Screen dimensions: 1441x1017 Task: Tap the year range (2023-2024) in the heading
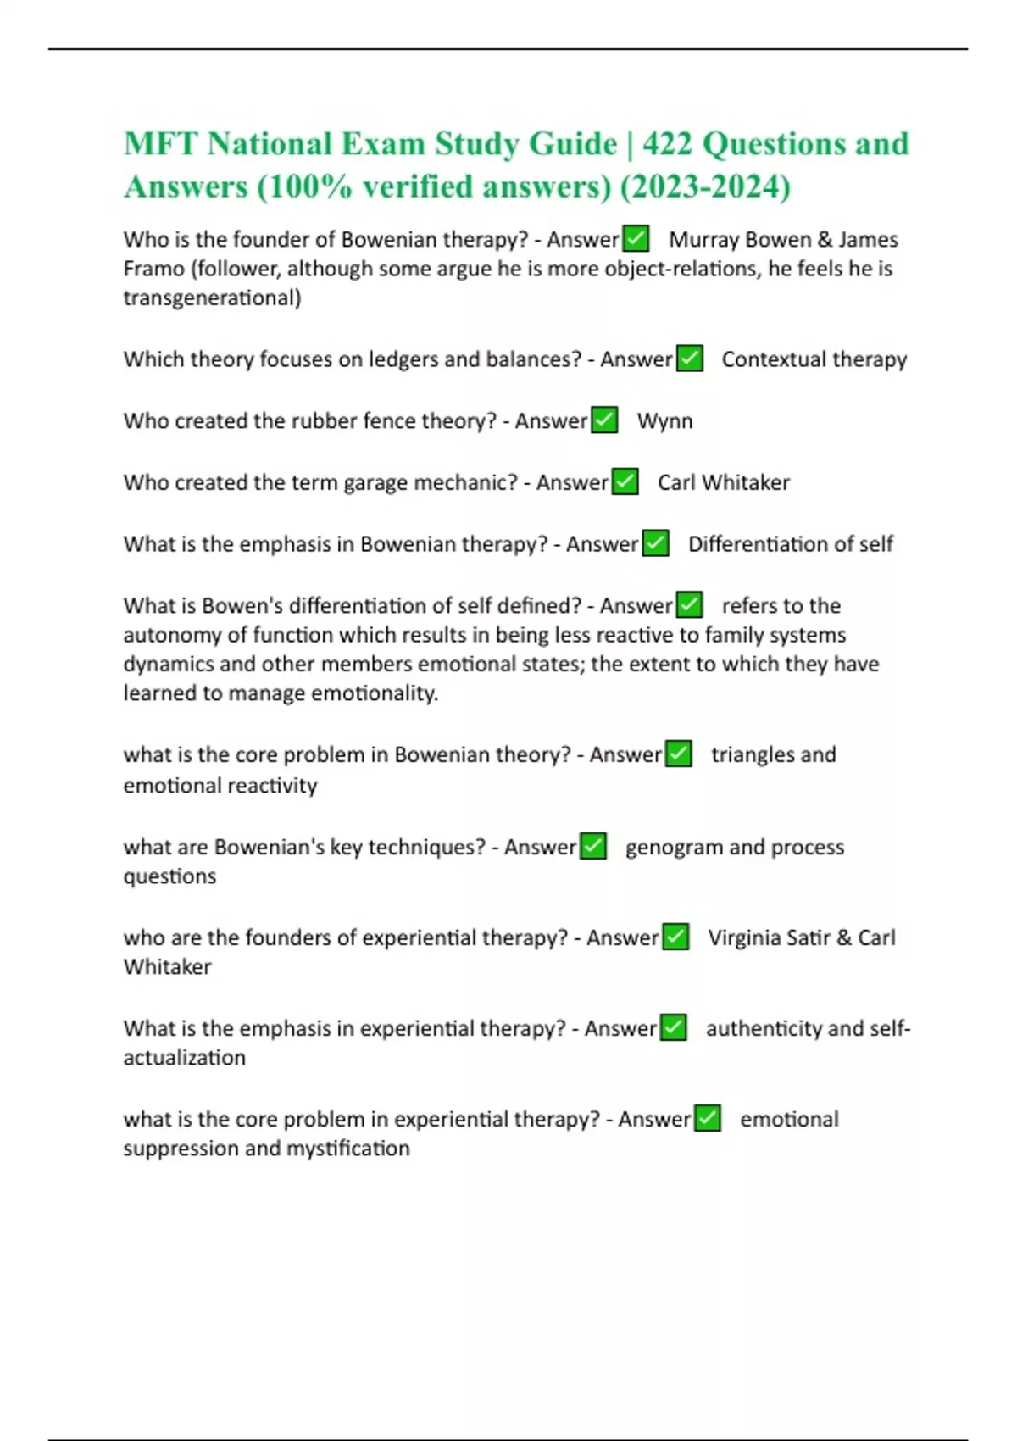pyautogui.click(x=706, y=186)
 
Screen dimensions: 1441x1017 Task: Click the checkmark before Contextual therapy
pyautogui.click(x=690, y=359)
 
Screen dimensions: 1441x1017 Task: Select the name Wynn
pyautogui.click(x=664, y=420)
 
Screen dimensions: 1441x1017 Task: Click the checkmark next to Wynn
pyautogui.click(x=604, y=420)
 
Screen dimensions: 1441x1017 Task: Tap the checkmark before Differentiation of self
pyautogui.click(x=655, y=543)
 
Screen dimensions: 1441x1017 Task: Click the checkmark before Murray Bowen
pyautogui.click(x=636, y=239)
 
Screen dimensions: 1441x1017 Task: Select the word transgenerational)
pyautogui.click(x=212, y=298)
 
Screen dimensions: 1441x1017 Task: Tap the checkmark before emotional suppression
pyautogui.click(x=708, y=1119)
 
